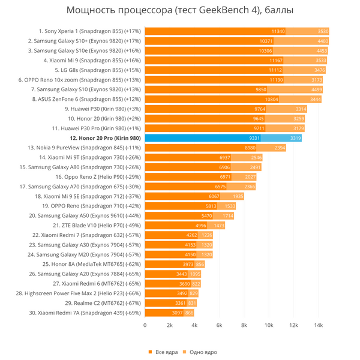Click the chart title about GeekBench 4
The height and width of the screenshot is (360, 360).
tap(180, 10)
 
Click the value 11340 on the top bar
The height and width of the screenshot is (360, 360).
tap(278, 31)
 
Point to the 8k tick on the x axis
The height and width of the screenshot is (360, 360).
tap(244, 325)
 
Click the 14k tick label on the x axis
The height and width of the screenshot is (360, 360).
tap(319, 325)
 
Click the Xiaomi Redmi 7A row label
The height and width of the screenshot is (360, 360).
tap(85, 313)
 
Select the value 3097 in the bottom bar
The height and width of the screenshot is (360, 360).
tap(176, 313)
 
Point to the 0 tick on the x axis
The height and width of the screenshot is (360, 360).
tap(145, 325)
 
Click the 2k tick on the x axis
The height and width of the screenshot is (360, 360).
tap(170, 325)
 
